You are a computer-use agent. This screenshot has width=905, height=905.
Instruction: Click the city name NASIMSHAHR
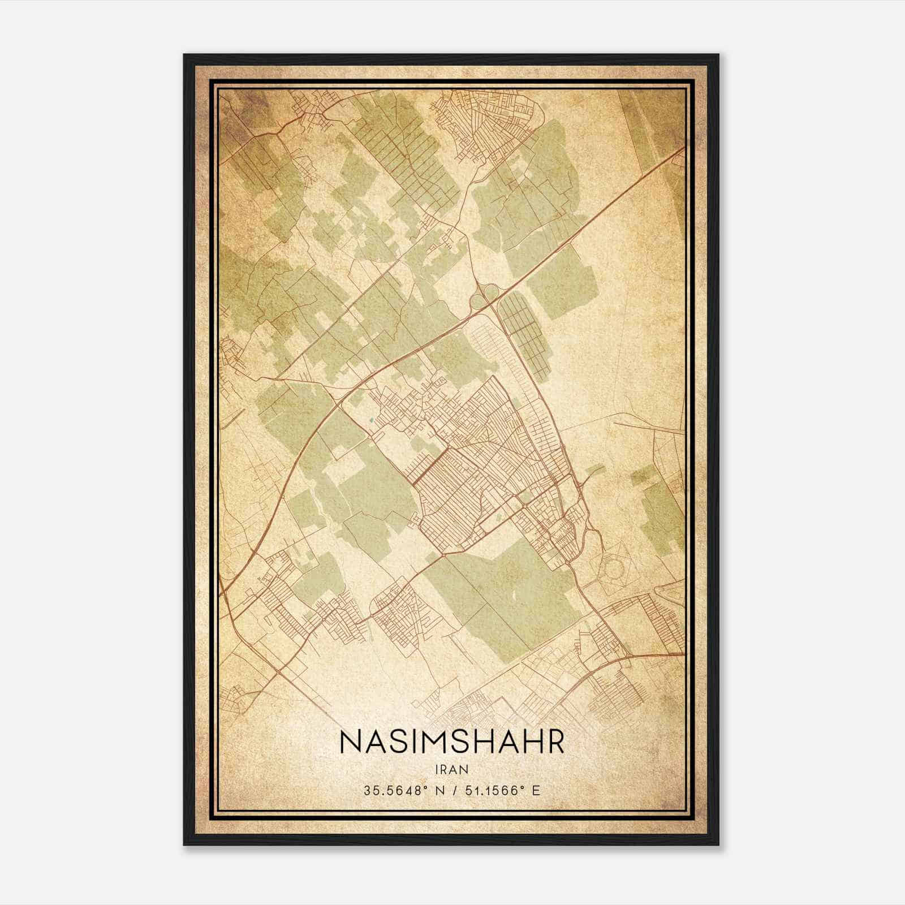pyautogui.click(x=452, y=743)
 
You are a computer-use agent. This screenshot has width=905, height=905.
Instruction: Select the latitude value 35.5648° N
pyautogui.click(x=398, y=790)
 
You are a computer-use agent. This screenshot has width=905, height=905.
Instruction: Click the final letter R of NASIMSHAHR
pyautogui.click(x=555, y=743)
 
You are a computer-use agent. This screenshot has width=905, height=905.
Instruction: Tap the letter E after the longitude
pyautogui.click(x=536, y=790)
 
